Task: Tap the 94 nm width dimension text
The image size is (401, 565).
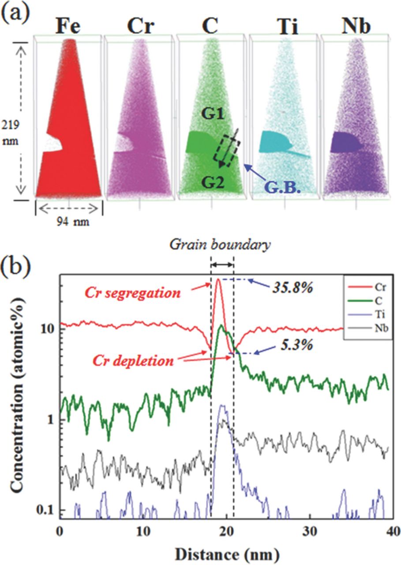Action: (69, 222)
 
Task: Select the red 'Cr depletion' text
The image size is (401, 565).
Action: (133, 361)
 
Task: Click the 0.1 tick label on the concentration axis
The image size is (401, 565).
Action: (46, 510)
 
